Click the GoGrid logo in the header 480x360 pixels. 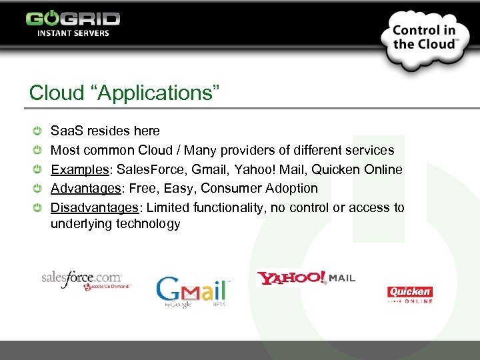(x=73, y=18)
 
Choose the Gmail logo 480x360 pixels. (x=193, y=291)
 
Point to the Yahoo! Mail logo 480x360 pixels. (x=306, y=277)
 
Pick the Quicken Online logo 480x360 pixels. (x=410, y=294)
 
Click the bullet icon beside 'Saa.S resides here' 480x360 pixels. (x=39, y=131)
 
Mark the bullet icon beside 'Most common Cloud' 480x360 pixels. (x=39, y=151)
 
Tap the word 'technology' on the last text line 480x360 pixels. (x=148, y=223)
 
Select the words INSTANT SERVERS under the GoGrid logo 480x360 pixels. (x=73, y=33)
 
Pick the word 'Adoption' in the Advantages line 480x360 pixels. (x=294, y=188)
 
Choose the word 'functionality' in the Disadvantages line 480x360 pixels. (x=231, y=207)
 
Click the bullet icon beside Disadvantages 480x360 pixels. (x=39, y=207)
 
